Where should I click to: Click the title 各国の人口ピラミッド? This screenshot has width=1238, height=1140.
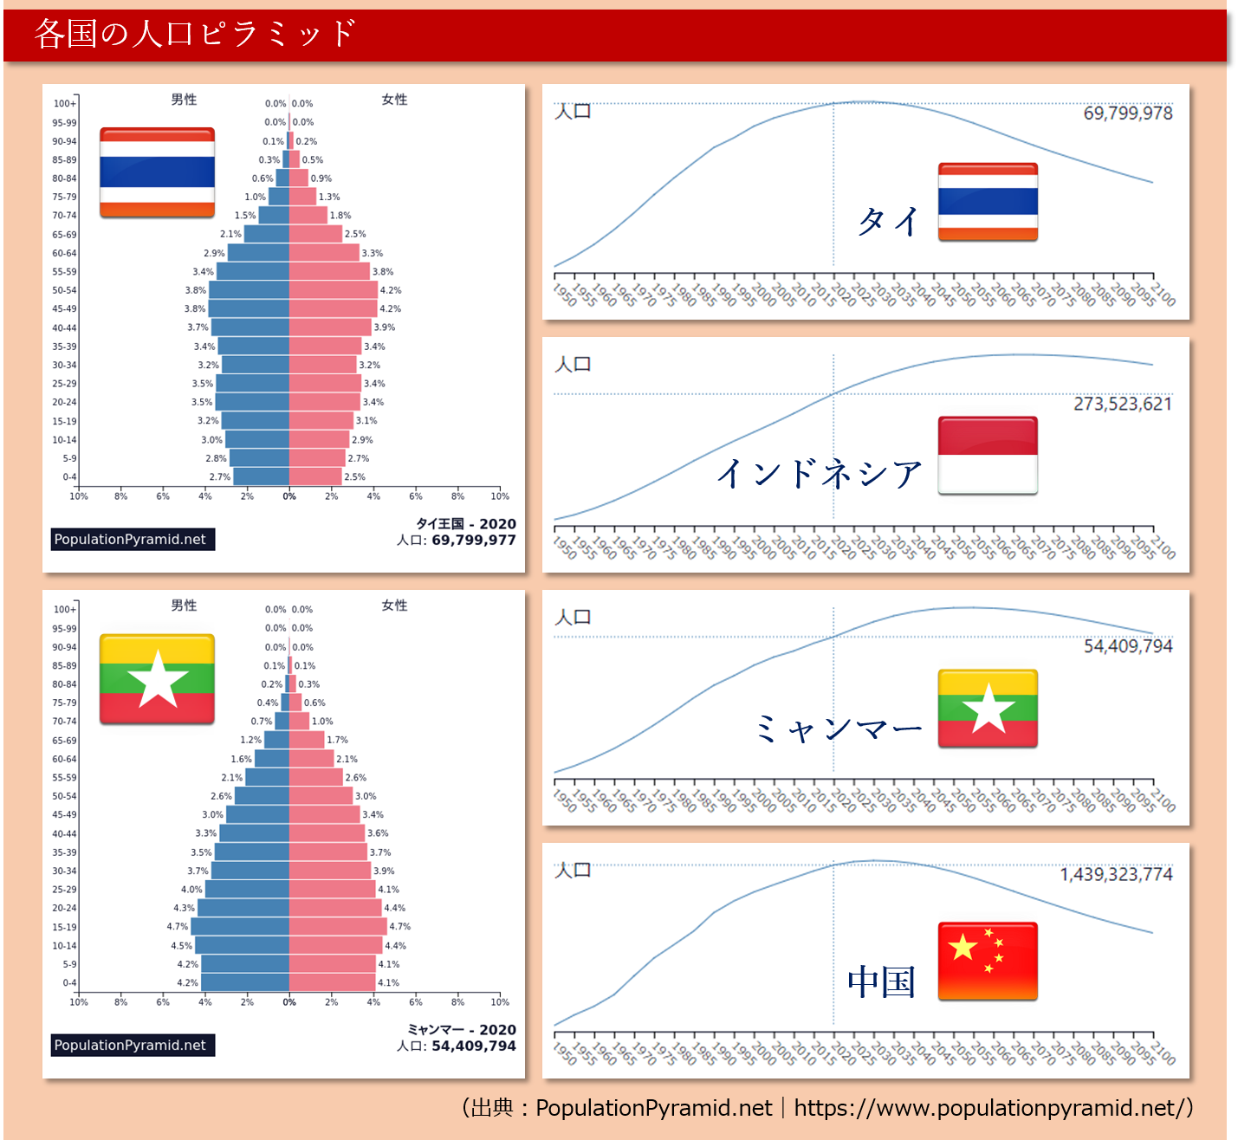click(x=195, y=33)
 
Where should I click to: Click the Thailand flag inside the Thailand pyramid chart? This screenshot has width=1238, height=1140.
click(x=158, y=172)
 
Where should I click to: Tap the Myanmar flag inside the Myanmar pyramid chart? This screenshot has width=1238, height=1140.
click(x=158, y=679)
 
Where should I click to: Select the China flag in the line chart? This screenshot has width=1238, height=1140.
click(x=988, y=961)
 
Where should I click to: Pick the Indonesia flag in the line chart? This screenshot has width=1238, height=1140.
click(x=988, y=456)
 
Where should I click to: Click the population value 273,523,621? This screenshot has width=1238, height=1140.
click(x=1123, y=404)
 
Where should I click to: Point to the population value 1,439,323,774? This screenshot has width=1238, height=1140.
click(x=1116, y=874)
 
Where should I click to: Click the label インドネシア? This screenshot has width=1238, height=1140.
click(x=820, y=474)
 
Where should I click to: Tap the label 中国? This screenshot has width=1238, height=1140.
click(x=881, y=982)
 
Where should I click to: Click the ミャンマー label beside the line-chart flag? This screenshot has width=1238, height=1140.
click(x=839, y=729)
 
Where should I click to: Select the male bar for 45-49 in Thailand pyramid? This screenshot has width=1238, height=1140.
click(x=249, y=308)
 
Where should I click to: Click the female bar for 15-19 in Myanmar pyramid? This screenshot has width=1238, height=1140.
click(x=338, y=926)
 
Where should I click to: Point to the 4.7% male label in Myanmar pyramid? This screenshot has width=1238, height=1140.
click(x=177, y=926)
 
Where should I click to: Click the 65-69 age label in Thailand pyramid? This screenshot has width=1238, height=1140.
click(x=64, y=235)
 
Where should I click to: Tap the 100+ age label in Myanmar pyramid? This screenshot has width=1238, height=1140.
click(x=65, y=609)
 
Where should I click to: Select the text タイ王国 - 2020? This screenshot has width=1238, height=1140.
click(x=466, y=524)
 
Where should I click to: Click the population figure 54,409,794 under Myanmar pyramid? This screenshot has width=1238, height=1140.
click(x=473, y=1046)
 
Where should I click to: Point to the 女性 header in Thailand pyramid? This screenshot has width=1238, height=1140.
click(x=394, y=100)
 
